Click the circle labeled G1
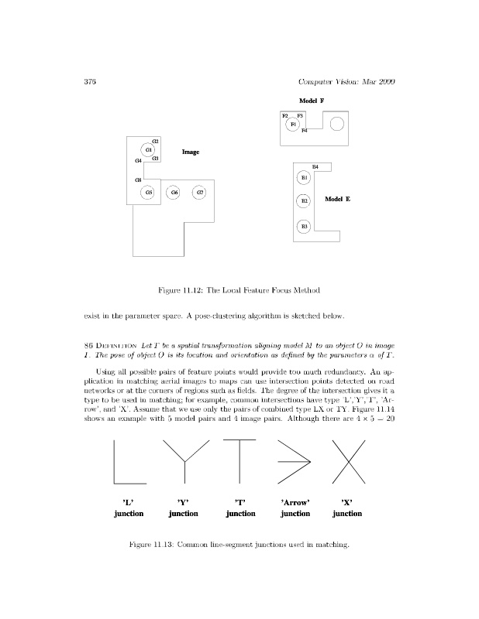[149, 150]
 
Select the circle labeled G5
[148, 192]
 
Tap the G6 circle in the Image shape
[174, 192]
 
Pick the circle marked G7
[200, 192]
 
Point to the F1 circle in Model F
[293, 124]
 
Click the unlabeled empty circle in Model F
[337, 125]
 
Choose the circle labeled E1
[305, 178]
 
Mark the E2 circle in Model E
[305, 201]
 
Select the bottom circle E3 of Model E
[305, 226]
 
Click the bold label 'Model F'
[311, 101]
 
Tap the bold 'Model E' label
[337, 200]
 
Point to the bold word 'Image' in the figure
[191, 152]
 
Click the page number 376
[89, 82]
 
